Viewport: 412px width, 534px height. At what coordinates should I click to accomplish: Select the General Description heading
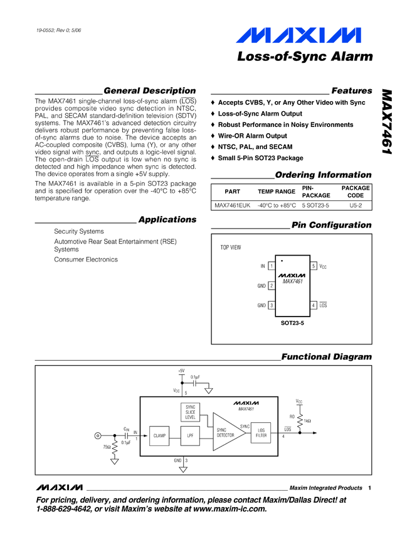(149, 90)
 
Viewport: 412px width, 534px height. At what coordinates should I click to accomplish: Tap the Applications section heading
(167, 219)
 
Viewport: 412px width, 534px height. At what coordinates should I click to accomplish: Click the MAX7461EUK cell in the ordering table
(231, 205)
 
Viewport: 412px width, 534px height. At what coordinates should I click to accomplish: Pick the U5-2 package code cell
(355, 205)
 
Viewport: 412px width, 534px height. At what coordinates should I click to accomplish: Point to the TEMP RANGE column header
(277, 191)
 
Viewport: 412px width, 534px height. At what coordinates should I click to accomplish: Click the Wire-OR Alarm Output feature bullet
(252, 136)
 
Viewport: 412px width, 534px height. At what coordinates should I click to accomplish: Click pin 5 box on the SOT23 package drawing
(314, 266)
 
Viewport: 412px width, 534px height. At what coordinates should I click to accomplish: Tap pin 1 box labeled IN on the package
(271, 266)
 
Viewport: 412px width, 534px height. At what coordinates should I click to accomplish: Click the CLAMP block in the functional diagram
(159, 435)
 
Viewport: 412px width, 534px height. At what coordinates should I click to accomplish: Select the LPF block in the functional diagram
(190, 435)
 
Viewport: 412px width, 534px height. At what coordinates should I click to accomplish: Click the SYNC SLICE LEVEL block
(191, 412)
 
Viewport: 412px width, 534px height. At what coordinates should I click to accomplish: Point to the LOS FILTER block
(261, 433)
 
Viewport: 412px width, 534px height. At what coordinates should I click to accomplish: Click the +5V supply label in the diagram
(181, 371)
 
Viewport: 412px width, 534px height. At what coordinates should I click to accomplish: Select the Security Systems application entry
(79, 231)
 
